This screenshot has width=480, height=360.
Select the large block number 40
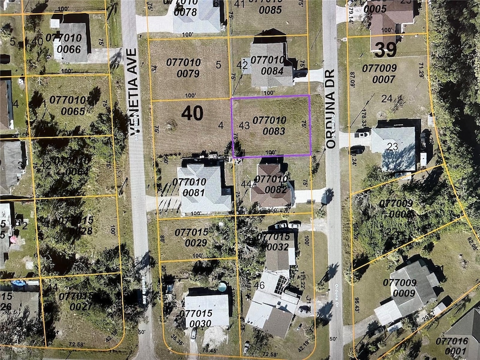tap(192, 113)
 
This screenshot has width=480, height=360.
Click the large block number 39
tap(385, 50)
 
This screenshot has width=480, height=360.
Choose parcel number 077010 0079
tap(184, 68)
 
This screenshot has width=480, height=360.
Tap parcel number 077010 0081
tap(190, 187)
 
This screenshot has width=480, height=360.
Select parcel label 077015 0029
tap(193, 237)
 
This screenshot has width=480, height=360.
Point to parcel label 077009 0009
tap(402, 288)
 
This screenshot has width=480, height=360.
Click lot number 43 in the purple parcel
tap(244, 125)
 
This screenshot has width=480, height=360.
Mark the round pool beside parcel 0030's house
tap(224, 287)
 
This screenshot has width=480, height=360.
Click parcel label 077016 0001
tap(453, 345)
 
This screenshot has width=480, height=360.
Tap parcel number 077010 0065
tap(67, 105)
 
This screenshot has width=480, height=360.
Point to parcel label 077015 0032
tap(277, 241)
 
